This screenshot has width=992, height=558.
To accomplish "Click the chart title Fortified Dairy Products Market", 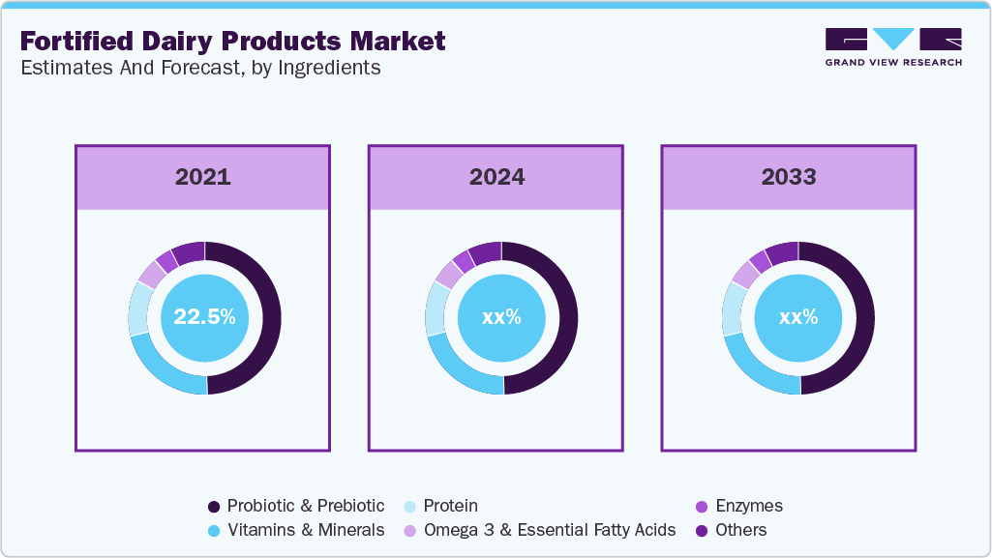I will pyautogui.click(x=232, y=41).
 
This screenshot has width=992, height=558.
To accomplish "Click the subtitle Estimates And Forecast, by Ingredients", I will pyautogui.click(x=200, y=68).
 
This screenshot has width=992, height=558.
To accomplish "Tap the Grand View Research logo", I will pyautogui.click(x=892, y=47).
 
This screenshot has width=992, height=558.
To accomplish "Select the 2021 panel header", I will pyautogui.click(x=203, y=177).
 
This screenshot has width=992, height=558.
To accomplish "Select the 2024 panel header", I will pyautogui.click(x=496, y=177).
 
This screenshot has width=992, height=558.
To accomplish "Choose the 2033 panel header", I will pyautogui.click(x=788, y=177).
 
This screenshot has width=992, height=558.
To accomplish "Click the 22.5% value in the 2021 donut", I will pyautogui.click(x=204, y=317).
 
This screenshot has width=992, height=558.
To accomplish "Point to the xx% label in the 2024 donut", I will pyautogui.click(x=501, y=317).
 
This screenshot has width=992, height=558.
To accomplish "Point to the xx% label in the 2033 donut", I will pyautogui.click(x=797, y=317).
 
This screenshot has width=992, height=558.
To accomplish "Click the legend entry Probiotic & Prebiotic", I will pyautogui.click(x=305, y=506).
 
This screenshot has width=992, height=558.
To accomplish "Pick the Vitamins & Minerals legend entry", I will pyautogui.click(x=305, y=530).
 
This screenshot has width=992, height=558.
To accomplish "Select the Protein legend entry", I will pyautogui.click(x=450, y=506).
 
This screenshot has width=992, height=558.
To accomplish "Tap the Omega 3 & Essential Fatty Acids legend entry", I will pyautogui.click(x=549, y=530).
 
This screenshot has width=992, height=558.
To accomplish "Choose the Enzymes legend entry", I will pyautogui.click(x=748, y=506).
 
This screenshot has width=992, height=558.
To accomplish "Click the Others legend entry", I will pyautogui.click(x=740, y=530).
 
